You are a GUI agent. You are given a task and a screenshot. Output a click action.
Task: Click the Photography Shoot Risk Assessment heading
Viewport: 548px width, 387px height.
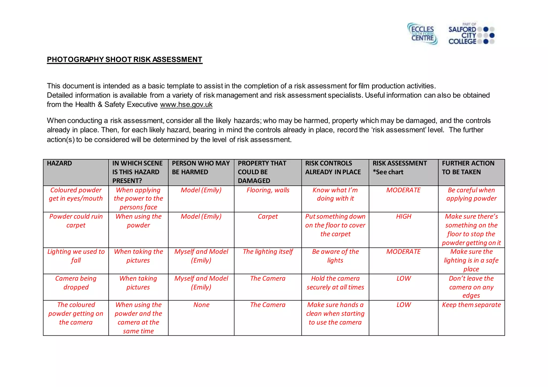point(124,59)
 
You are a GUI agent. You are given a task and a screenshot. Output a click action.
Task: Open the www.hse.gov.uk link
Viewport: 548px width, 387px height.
point(186,105)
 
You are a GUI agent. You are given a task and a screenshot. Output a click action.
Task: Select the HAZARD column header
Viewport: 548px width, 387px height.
point(59,163)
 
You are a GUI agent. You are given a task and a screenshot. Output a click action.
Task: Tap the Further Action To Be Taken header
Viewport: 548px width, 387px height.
point(468,168)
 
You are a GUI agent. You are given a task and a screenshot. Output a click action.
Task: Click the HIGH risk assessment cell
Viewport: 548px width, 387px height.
point(403,216)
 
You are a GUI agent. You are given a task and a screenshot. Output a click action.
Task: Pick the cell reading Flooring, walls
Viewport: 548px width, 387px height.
point(268,190)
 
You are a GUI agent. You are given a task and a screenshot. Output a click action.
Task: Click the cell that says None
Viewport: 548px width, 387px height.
point(201,305)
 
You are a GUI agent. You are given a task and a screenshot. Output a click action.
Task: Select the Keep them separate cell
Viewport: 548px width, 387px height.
point(471,305)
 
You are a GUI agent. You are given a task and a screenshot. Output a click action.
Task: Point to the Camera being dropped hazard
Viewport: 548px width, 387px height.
point(76,283)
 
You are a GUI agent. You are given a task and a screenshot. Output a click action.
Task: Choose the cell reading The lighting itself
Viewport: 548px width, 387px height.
point(268,251)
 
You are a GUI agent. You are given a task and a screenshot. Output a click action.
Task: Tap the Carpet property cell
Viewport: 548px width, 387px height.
point(268,216)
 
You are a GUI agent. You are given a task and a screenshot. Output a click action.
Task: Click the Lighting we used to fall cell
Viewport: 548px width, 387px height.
point(76,256)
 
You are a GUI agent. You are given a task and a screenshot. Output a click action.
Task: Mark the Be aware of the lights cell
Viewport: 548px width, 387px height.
point(335,256)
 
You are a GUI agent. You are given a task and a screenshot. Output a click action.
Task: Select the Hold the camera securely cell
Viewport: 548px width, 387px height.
point(335,283)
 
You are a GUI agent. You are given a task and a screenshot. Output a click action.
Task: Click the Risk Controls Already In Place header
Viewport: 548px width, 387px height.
point(333,168)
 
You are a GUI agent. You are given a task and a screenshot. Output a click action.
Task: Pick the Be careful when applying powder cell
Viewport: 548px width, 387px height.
point(471,194)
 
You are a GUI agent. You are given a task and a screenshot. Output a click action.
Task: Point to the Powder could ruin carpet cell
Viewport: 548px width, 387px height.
point(76,221)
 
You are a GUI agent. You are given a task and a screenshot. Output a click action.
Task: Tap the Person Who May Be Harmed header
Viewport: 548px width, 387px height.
point(201,168)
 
